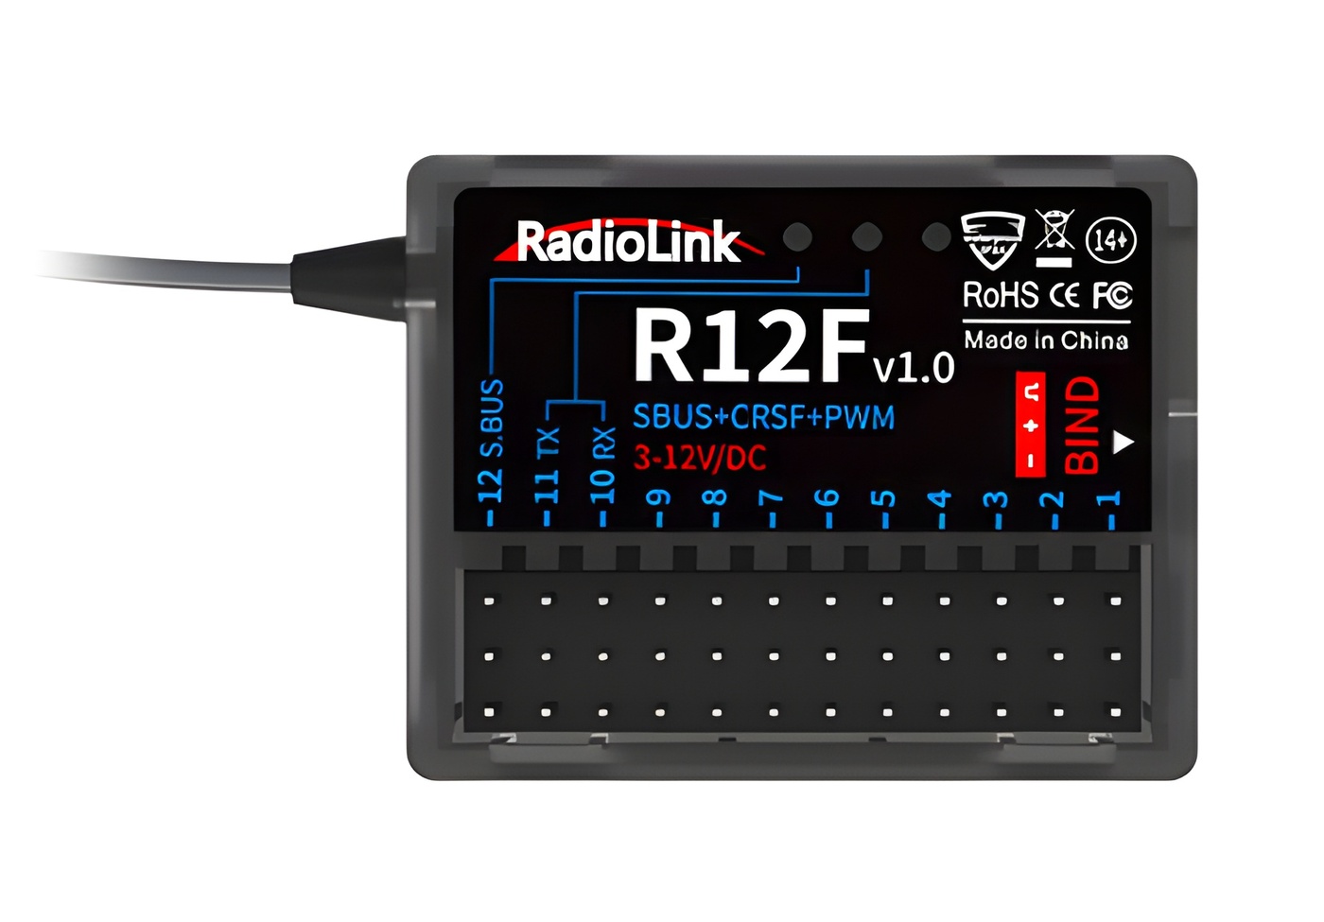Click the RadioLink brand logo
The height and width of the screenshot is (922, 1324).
coord(627,242)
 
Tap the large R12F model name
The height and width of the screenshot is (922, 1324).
coord(750,345)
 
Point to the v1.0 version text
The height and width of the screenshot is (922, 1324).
coord(914,367)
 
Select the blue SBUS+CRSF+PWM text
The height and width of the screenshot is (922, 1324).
coord(763,417)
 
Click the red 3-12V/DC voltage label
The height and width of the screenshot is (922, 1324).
coord(699,459)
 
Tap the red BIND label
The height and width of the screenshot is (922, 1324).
coord(1082,425)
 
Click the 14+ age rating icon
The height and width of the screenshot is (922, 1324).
coord(1110,241)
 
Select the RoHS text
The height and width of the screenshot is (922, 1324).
coord(1000,296)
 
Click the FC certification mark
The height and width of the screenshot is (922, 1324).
coord(1112,296)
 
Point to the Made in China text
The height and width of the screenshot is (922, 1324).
coord(1046,340)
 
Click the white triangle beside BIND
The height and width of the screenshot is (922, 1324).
coord(1123,442)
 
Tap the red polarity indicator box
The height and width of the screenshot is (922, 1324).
coord(1031,425)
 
